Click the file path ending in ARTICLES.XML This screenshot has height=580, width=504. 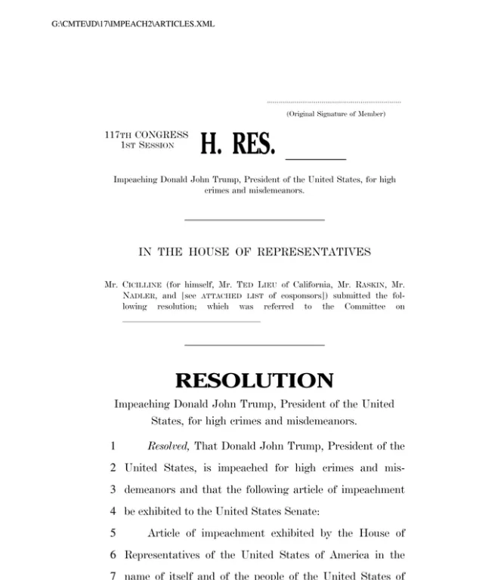coord(132,24)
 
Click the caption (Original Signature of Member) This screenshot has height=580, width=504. coord(335,114)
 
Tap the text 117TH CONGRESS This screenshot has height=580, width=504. coord(146,135)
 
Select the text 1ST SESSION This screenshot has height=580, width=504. coord(147,145)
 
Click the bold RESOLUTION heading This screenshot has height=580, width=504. coord(254,380)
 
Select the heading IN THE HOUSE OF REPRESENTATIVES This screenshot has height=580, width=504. coord(255,252)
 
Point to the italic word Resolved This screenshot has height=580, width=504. coord(168,446)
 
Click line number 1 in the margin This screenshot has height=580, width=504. coord(113,446)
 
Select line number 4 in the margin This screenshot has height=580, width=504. coord(113,512)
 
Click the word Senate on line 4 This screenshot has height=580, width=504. coord(302,512)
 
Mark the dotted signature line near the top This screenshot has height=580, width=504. coord(334,102)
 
